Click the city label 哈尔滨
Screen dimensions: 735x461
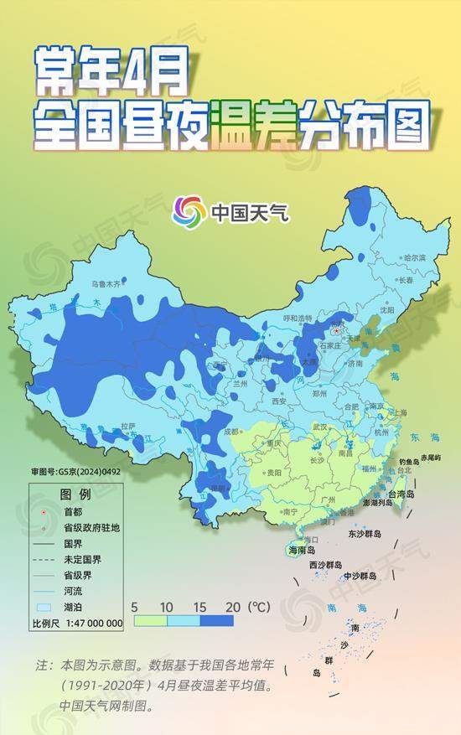414,257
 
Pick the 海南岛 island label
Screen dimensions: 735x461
301,551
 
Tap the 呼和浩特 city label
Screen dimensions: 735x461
297,318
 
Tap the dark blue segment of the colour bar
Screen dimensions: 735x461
216,621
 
